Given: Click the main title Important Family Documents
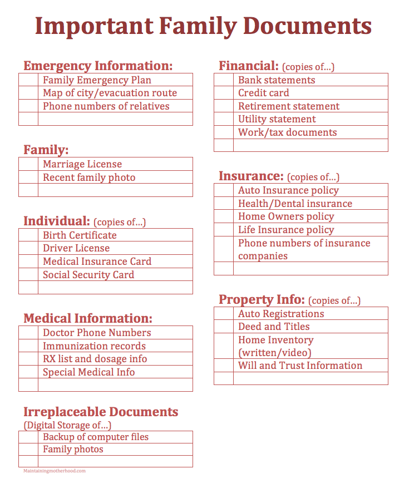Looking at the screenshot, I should click(x=203, y=26).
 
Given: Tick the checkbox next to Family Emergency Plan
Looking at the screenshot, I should click(x=28, y=80).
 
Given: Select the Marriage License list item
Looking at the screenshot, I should click(x=82, y=164).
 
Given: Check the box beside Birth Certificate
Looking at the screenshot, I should click(x=28, y=235).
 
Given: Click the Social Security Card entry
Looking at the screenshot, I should click(x=88, y=275).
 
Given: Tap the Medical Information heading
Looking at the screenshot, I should click(x=87, y=318).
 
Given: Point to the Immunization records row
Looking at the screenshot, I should click(x=94, y=346).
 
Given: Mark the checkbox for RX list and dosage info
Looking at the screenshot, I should click(x=28, y=359).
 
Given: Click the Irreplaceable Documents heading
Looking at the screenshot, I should click(x=101, y=412).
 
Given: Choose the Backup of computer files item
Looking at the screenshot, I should click(x=96, y=437).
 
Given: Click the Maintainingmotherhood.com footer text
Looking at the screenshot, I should click(x=55, y=471).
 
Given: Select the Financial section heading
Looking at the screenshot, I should click(x=248, y=66).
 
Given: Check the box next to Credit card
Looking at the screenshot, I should click(x=224, y=93).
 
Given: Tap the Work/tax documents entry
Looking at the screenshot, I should click(x=287, y=133).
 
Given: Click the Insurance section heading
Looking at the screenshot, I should click(x=251, y=176).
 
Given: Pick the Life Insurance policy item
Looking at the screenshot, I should click(x=286, y=230).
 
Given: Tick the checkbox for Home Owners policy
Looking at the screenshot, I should click(x=224, y=217).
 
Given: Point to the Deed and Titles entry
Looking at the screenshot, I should click(x=274, y=327).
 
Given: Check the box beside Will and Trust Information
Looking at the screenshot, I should click(x=224, y=366).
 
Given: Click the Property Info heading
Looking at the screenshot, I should click(x=262, y=299).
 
